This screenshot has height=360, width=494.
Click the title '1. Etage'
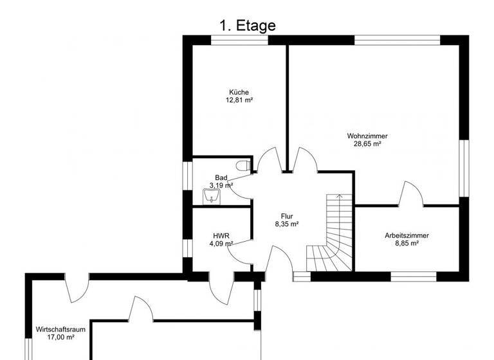coord(247,26)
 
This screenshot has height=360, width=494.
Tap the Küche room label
coord(238,92)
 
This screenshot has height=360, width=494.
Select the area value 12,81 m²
coord(238,100)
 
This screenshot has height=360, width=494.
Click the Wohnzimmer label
coord(367,136)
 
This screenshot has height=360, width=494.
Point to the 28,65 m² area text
coord(367,145)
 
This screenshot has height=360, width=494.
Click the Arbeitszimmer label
coord(407,235)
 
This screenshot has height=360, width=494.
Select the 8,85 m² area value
coord(407,244)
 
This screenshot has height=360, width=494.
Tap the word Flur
coord(287,216)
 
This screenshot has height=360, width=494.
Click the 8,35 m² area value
coord(287,224)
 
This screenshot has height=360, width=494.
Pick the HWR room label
coord(221,235)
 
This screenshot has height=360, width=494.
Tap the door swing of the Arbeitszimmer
coord(411,193)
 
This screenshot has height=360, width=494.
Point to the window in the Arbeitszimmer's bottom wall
coord(414,277)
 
